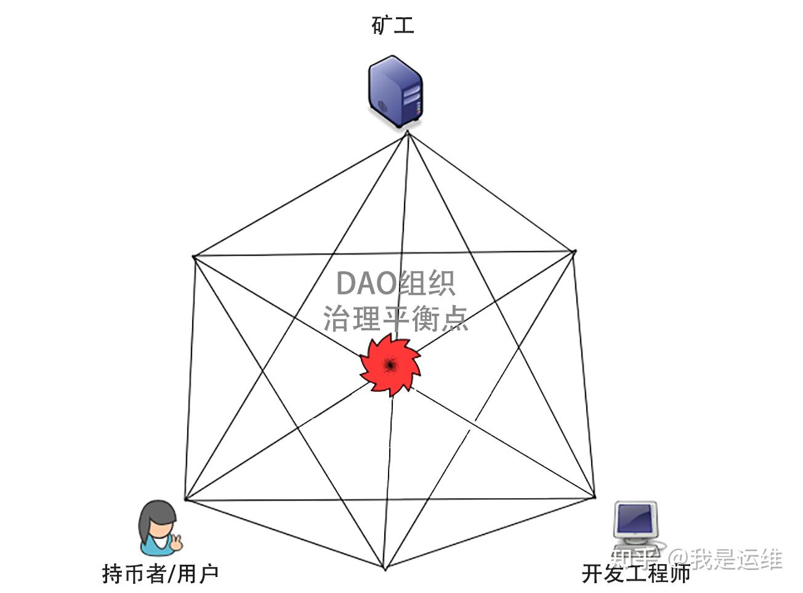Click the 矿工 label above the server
[393, 25]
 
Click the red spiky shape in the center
[390, 365]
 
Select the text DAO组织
[395, 284]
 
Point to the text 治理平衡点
[395, 319]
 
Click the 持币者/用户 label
[160, 573]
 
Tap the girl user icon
[158, 528]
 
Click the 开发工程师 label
[636, 573]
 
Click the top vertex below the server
[408, 132]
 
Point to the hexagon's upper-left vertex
[194, 257]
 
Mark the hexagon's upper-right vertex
[574, 251]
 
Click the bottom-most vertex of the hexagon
[385, 569]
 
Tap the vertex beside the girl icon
[185, 499]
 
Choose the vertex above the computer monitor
[595, 496]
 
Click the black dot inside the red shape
[390, 365]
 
